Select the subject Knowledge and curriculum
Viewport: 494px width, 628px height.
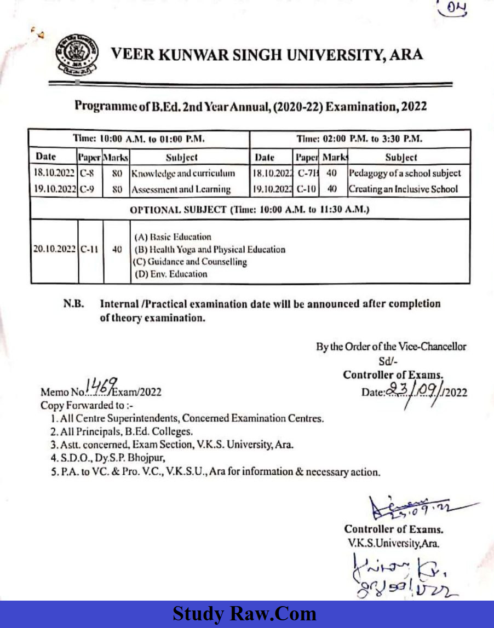182,174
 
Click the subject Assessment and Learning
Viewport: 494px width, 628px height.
180,189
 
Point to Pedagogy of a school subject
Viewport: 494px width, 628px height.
404,174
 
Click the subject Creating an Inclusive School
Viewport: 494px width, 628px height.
403,189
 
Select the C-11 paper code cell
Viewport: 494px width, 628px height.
90,249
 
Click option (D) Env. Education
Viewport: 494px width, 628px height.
171,274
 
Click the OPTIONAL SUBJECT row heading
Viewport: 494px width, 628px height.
250,210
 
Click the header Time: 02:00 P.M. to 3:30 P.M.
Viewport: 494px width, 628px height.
359,139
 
